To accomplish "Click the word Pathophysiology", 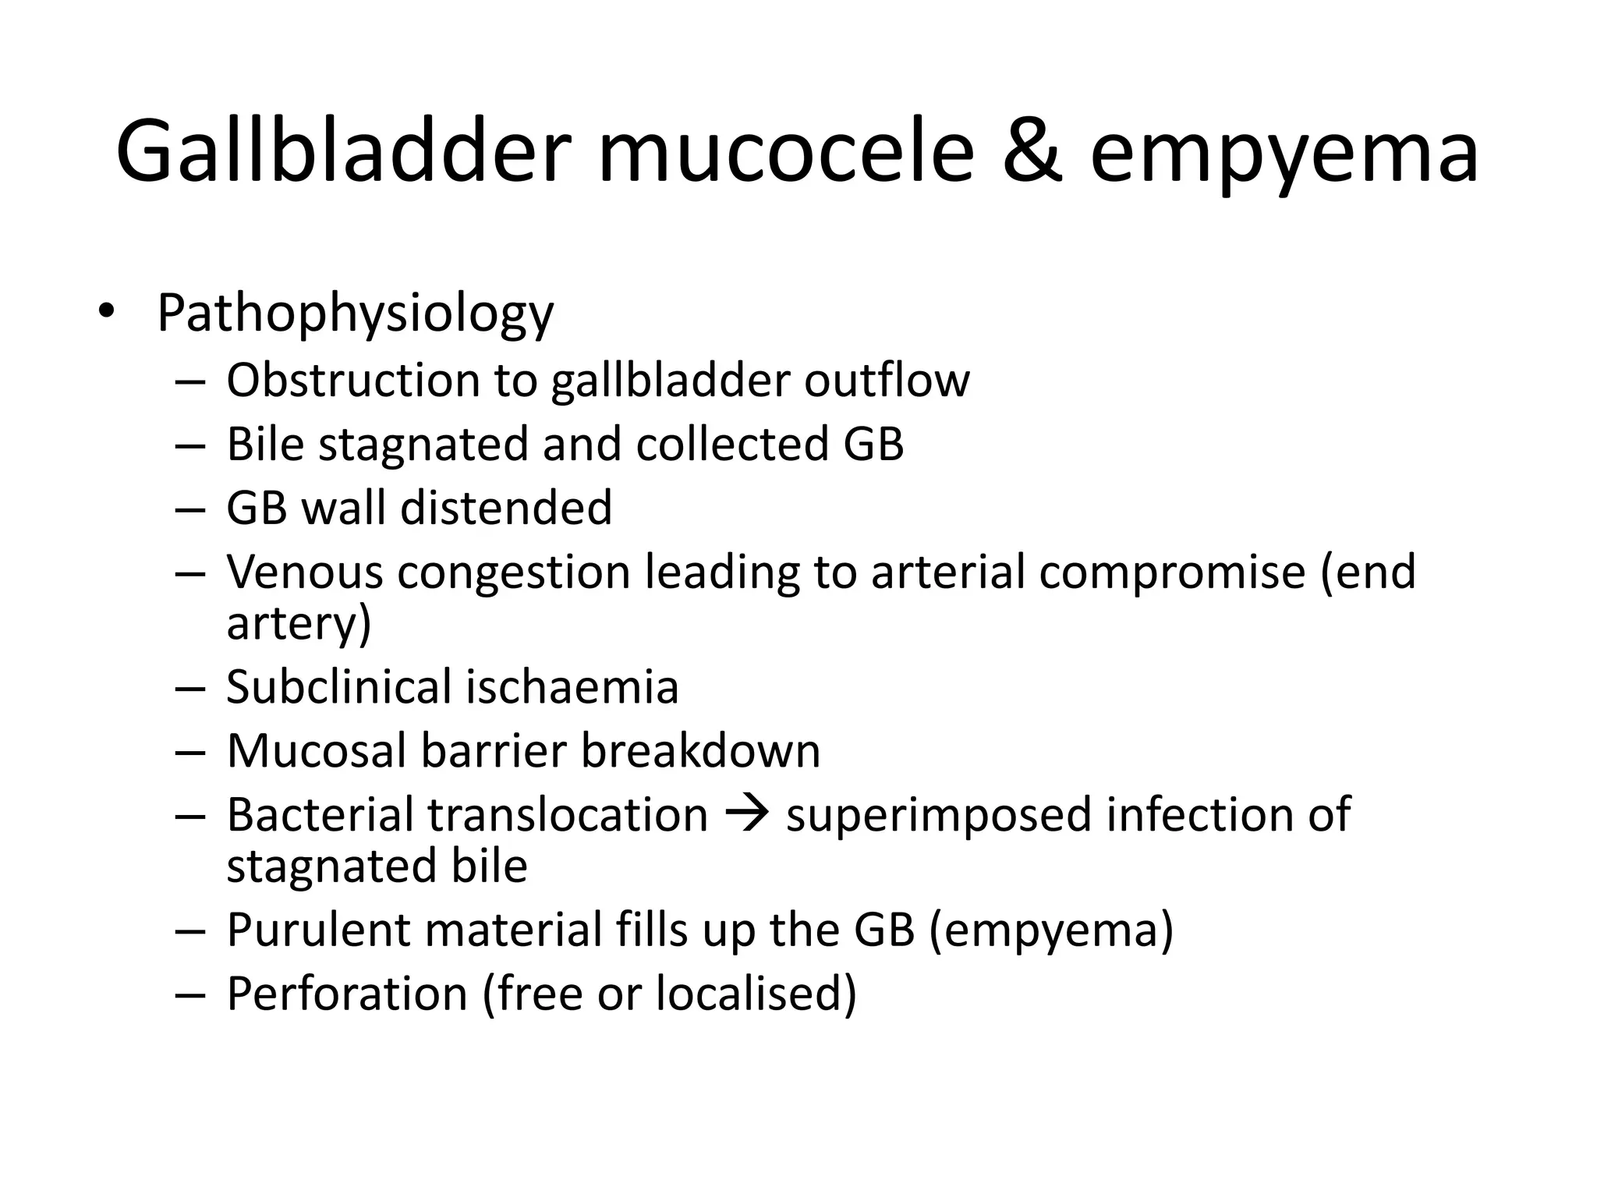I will tap(355, 314).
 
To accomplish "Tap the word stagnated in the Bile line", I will tap(423, 445).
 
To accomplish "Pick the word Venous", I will tap(304, 572).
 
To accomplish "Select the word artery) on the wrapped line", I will tap(299, 624).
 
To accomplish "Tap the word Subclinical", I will tap(338, 687).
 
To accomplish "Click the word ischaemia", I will tap(572, 687).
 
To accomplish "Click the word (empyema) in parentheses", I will tap(1051, 930).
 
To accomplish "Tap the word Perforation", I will tap(347, 994).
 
